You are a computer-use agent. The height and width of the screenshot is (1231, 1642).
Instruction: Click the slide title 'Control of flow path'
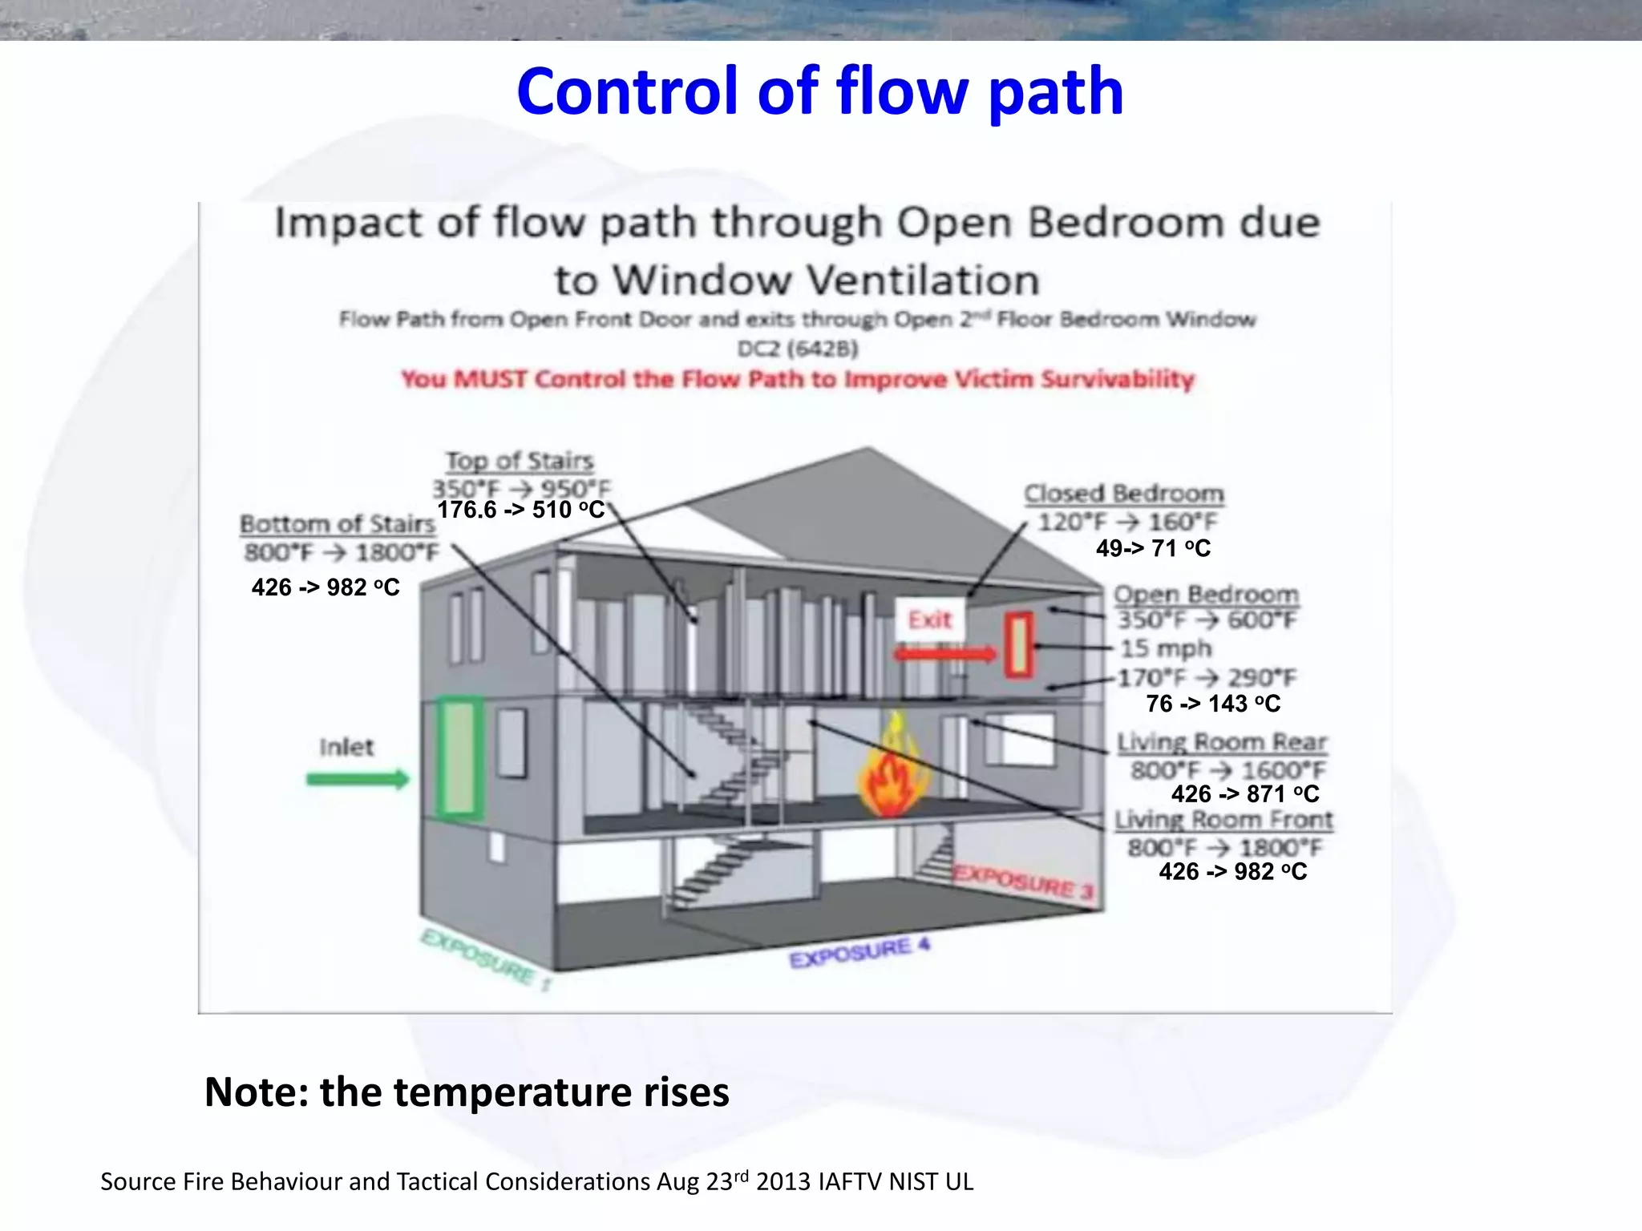819,91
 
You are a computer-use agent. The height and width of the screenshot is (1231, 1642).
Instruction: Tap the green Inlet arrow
358,779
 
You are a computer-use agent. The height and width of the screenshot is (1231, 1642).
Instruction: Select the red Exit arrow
944,654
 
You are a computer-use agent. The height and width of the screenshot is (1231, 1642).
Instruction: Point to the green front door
460,757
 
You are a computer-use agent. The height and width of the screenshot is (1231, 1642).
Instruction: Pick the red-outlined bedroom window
1019,644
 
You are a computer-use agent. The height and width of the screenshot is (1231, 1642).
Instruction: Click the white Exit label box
929,619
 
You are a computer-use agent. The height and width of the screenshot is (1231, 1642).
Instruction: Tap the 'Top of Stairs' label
520,461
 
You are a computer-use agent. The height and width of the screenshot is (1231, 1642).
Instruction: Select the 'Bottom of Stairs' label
338,524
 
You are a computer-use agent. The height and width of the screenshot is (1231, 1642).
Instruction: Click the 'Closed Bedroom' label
1124,494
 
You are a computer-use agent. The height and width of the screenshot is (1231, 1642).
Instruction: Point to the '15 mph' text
1166,648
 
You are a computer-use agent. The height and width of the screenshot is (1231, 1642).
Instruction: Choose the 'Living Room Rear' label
1222,742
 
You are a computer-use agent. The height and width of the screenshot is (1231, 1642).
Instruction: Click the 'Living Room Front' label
1223,820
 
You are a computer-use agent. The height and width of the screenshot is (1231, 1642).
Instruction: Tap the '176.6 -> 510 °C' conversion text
520,510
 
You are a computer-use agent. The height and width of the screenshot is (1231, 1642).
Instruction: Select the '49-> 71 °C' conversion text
1153,548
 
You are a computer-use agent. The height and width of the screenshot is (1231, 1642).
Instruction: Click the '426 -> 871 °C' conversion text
1244,794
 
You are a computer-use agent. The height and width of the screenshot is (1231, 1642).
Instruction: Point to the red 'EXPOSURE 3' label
1024,882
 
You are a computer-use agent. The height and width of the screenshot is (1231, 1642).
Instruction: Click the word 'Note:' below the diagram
257,1092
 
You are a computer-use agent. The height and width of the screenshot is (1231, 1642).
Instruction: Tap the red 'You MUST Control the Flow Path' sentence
798,379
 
